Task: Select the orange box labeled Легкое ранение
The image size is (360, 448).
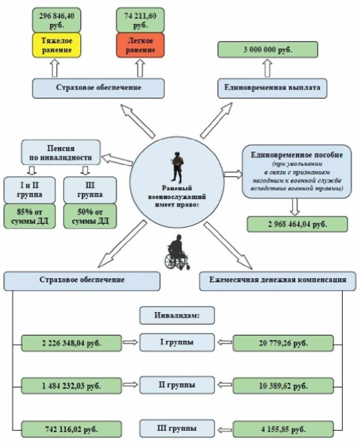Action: pyautogui.click(x=140, y=45)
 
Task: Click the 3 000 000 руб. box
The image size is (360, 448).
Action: pyautogui.click(x=268, y=50)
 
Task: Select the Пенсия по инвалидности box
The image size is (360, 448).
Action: pyautogui.click(x=61, y=152)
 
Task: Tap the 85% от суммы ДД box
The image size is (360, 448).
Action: pyautogui.click(x=29, y=217)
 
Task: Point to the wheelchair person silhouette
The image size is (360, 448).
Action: pyautogui.click(x=176, y=253)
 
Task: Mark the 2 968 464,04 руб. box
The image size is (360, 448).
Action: pyautogui.click(x=297, y=224)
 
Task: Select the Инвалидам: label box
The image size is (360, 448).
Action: pyautogui.click(x=177, y=316)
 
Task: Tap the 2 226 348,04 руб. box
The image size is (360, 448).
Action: pyautogui.click(x=72, y=343)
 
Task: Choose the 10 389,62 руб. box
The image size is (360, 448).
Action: pyautogui.click(x=283, y=386)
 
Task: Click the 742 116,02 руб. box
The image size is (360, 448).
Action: pyautogui.click(x=72, y=428)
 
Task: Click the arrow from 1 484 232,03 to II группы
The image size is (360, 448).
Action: pyautogui.click(x=130, y=385)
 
